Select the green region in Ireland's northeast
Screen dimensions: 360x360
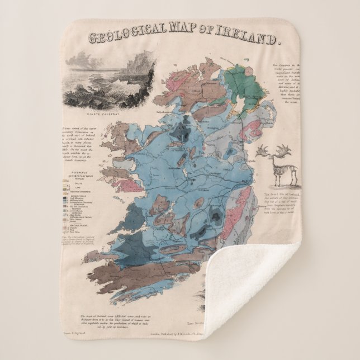(244, 86)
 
